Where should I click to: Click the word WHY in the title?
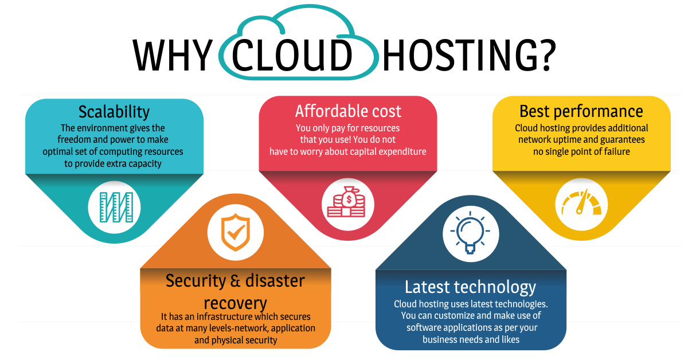[172, 56]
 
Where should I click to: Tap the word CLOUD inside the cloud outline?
[292, 56]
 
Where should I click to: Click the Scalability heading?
[114, 111]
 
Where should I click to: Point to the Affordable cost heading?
[348, 111]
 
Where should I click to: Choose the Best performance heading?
[581, 111]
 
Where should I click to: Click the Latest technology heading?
[470, 287]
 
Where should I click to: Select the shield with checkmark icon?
[235, 232]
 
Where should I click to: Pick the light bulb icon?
[470, 234]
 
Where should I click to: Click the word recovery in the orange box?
[235, 302]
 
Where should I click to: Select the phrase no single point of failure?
[581, 151]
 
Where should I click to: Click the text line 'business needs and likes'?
[471, 339]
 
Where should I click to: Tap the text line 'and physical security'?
[235, 340]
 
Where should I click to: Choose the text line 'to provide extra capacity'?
[113, 163]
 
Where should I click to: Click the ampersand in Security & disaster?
[234, 281]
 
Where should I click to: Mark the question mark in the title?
[545, 56]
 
